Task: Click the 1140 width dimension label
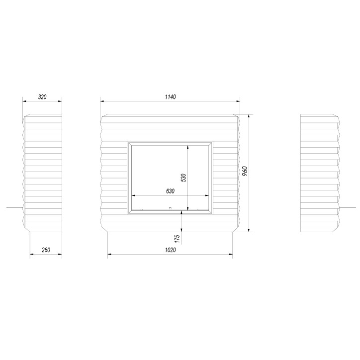point(171,97)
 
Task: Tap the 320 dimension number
point(42,97)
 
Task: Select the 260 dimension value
point(46,250)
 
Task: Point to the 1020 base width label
point(171,250)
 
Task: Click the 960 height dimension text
point(245,171)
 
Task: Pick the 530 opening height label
point(183,178)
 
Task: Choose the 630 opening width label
point(171,191)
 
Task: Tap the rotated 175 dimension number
point(177,239)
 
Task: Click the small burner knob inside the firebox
point(170,208)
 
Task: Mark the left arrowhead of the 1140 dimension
point(102,101)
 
